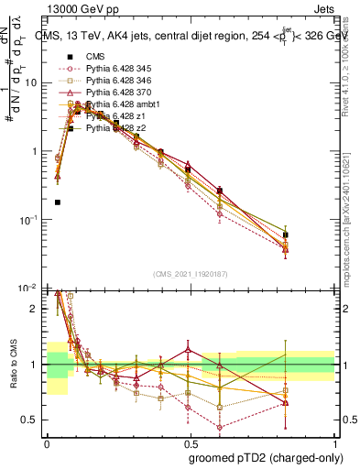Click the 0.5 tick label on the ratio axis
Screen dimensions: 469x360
pyautogui.click(x=32, y=420)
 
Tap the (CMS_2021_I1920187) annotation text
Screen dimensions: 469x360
pyautogui.click(x=190, y=273)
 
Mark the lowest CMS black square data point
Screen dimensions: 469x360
pyautogui.click(x=58, y=202)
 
